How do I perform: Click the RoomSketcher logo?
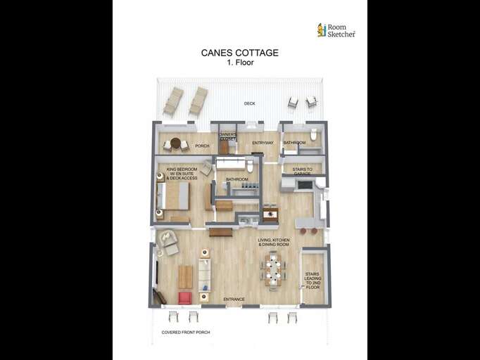coord(336,30)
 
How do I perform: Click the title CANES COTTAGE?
coord(239,53)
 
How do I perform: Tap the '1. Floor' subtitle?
coord(239,63)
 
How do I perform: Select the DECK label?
coord(249,103)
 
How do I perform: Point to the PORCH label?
coord(202,146)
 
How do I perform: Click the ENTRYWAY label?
coord(263,143)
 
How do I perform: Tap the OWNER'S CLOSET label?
coord(227,136)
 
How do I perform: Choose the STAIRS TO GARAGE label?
coord(303,171)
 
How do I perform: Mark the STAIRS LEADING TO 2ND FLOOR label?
coord(312,281)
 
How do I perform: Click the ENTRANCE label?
coord(234,300)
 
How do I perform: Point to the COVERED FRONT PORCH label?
coord(185,332)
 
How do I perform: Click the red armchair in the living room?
coord(184,297)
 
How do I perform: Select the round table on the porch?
coord(175,143)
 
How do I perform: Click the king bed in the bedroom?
coord(174,196)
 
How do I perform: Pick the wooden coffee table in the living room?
coord(185,276)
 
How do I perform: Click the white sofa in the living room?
coord(204,274)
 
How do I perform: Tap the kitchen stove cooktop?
coord(305,185)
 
